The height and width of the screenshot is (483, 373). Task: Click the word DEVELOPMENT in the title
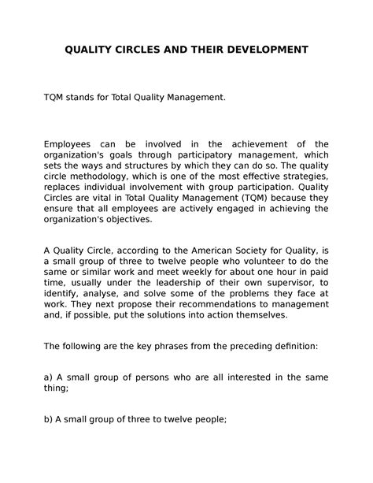pyautogui.click(x=257, y=50)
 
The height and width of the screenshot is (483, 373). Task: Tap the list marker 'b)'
pyautogui.click(x=50, y=418)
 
